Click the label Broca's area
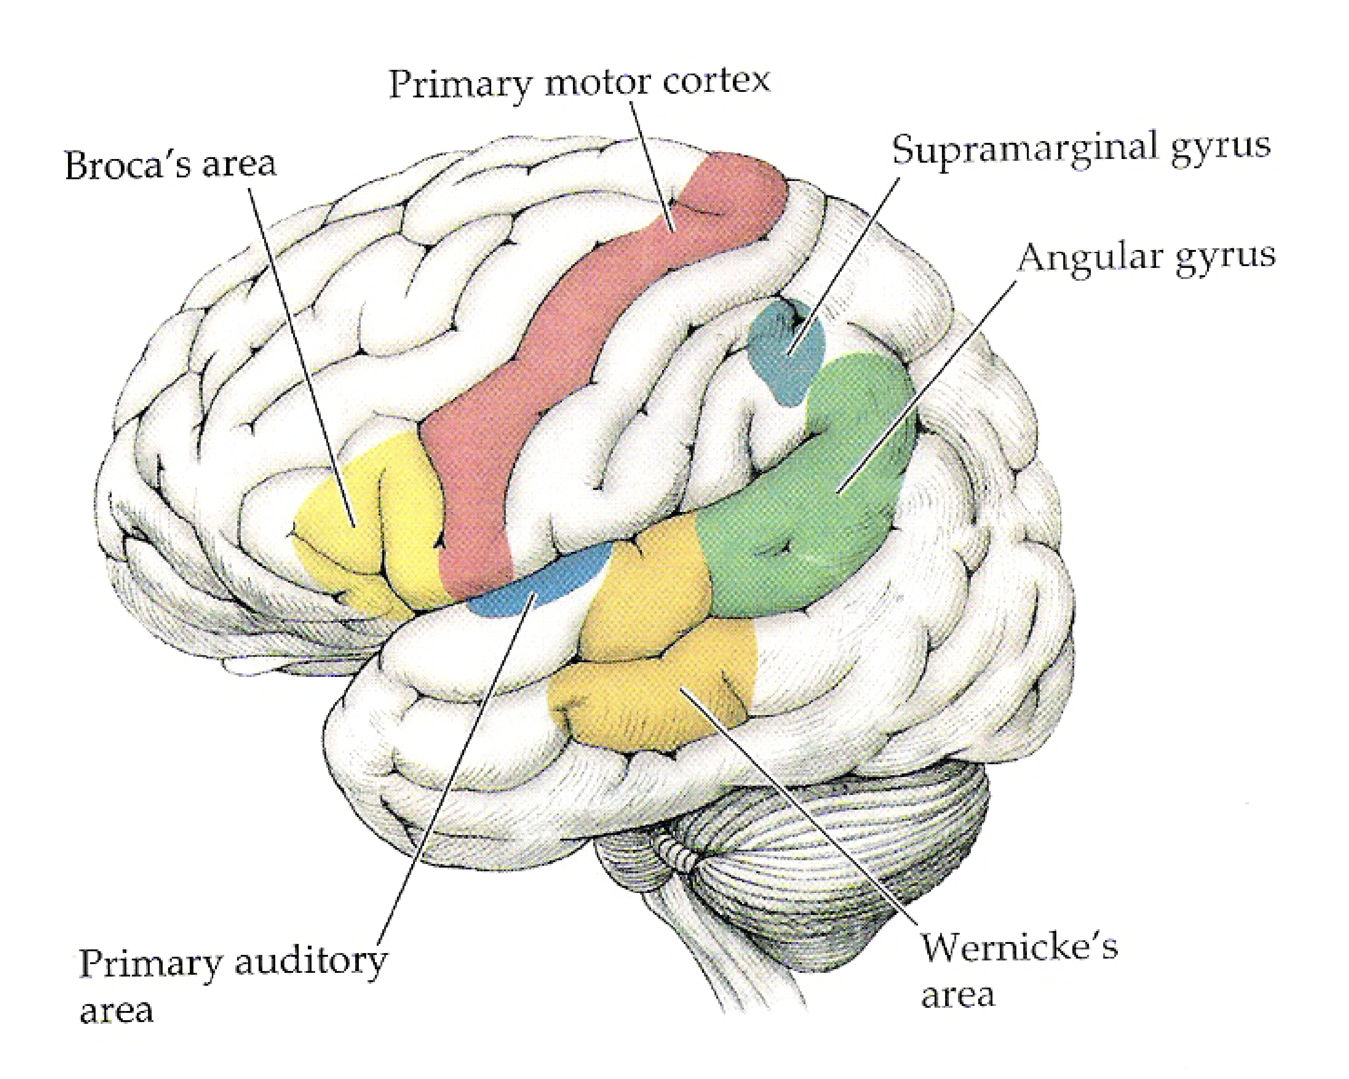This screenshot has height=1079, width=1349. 170,165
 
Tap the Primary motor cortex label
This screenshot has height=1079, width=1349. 579,83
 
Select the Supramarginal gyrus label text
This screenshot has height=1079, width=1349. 1081,148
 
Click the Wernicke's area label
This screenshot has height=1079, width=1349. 1019,970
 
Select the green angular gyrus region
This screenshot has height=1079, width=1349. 813,526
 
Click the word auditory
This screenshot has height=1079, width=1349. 311,962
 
